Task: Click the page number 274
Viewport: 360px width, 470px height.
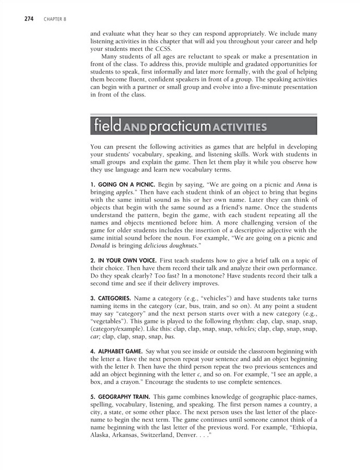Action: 29,19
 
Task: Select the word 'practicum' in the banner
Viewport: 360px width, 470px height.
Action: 177,126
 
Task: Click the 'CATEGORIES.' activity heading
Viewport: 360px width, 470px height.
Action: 110,298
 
